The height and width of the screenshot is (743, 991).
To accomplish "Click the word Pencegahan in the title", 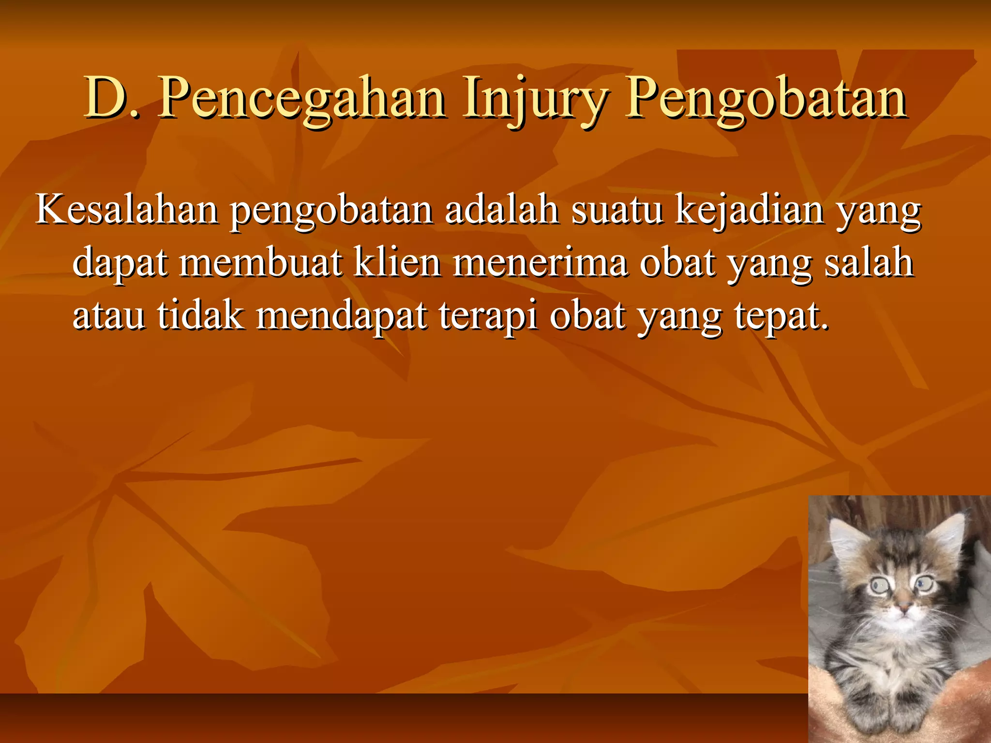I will click(x=302, y=99).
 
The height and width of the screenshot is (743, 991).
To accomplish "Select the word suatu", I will click(x=616, y=210).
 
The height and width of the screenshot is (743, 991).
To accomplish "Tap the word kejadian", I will click(x=750, y=210).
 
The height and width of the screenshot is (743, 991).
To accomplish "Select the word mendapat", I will click(x=341, y=316).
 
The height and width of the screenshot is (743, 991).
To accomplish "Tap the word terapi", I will click(x=488, y=316).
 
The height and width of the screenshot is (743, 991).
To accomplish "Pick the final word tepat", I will click(x=781, y=316).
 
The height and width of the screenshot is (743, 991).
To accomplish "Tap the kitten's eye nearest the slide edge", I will click(x=924, y=585).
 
